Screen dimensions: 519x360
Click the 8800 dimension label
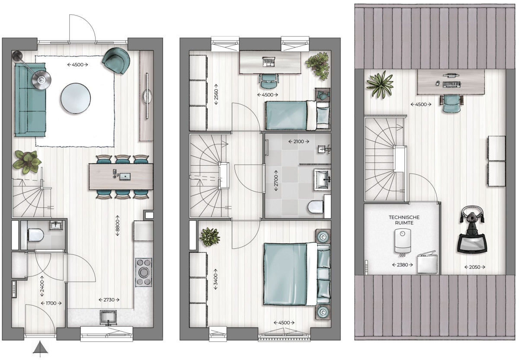(x=118, y=225)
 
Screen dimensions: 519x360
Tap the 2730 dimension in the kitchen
(x=109, y=300)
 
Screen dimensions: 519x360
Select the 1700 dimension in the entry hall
(x=51, y=303)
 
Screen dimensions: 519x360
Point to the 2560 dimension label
(x=216, y=94)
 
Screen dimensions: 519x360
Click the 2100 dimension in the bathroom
(x=299, y=141)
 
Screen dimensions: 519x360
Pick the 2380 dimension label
(x=403, y=265)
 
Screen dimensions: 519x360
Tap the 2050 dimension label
(x=475, y=267)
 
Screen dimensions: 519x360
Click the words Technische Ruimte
(x=404, y=220)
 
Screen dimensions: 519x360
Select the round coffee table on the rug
(x=76, y=98)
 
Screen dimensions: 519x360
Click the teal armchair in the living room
(x=116, y=60)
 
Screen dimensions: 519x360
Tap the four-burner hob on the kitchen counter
(x=144, y=272)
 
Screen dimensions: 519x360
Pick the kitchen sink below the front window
(x=108, y=317)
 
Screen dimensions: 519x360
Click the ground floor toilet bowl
(x=35, y=235)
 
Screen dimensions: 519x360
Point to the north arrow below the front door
(x=40, y=348)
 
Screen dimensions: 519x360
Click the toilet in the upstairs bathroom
(x=316, y=207)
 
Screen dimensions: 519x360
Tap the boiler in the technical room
(x=403, y=241)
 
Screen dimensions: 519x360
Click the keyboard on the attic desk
(x=452, y=84)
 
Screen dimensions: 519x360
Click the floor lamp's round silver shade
(x=42, y=80)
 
